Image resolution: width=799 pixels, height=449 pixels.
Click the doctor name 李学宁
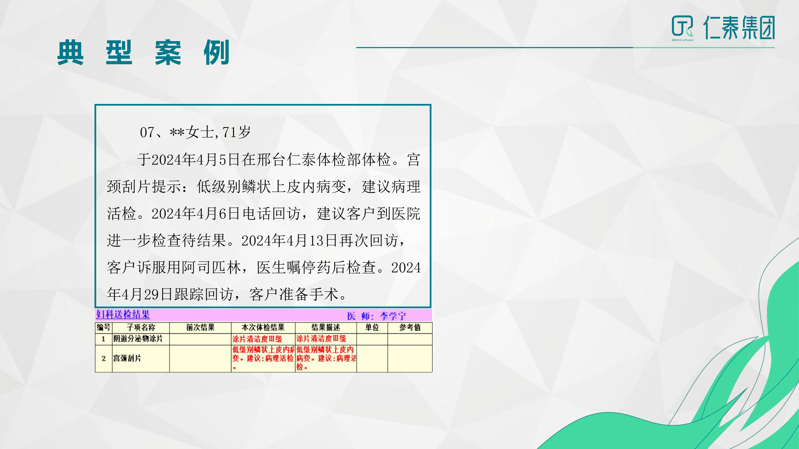pos(393,316)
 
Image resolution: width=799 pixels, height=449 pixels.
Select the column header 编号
pos(103,327)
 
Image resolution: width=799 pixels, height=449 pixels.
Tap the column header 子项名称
pos(141,327)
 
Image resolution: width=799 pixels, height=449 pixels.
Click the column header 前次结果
pos(200,327)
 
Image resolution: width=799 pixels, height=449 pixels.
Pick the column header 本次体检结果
pos(263,327)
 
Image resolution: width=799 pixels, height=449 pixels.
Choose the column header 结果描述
pos(326,327)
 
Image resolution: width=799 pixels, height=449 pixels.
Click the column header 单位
pos(372,327)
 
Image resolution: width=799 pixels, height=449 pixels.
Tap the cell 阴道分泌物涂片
pos(138,339)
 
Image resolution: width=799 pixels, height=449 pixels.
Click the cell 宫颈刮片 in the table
pos(127,359)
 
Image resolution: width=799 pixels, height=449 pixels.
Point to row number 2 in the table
pos(104,359)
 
